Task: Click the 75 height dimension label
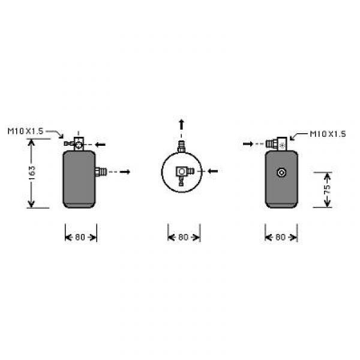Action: click(328, 189)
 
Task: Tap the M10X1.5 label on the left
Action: click(25, 131)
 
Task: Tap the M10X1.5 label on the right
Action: click(328, 134)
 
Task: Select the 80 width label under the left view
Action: click(80, 237)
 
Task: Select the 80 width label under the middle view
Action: click(183, 237)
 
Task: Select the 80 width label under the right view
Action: click(280, 237)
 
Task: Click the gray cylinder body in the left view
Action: click(79, 179)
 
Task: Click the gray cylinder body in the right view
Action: click(281, 179)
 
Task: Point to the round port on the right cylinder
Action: click(281, 172)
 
